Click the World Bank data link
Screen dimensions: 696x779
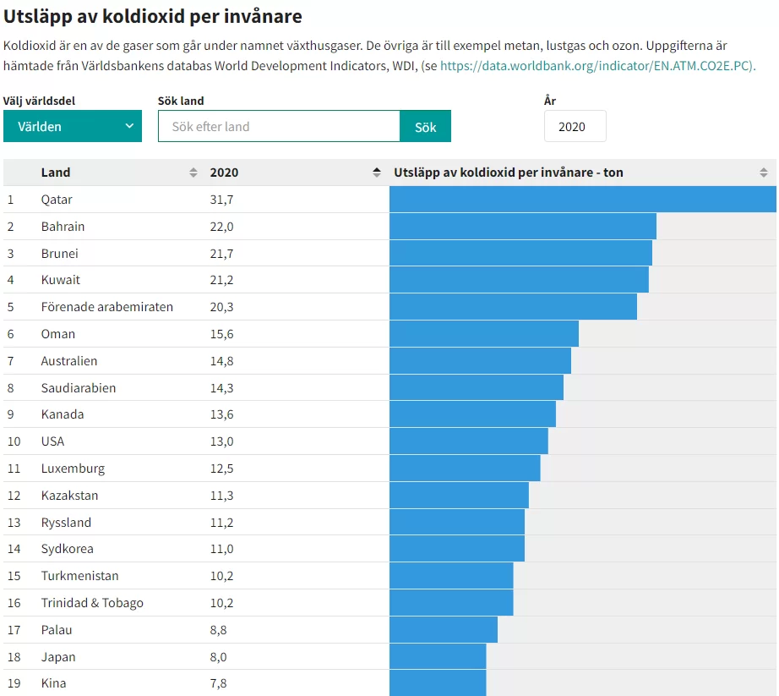click(x=597, y=65)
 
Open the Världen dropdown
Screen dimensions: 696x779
click(x=73, y=126)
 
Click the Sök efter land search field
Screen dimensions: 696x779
click(x=279, y=126)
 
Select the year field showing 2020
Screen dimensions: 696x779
click(x=575, y=126)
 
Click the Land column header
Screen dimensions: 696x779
click(x=56, y=173)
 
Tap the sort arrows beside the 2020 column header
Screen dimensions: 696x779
click(x=377, y=173)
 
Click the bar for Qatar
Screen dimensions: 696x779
click(x=582, y=200)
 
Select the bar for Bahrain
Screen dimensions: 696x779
click(x=523, y=227)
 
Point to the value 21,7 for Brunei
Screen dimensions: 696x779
click(x=221, y=254)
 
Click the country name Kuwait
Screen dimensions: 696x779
click(x=61, y=280)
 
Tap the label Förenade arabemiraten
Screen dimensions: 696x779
click(x=107, y=307)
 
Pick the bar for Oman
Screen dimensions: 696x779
click(x=484, y=334)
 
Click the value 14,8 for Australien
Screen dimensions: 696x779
click(x=221, y=361)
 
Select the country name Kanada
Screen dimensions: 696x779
click(x=63, y=414)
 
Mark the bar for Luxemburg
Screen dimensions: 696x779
click(x=465, y=469)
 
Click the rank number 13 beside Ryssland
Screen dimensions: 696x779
click(x=14, y=523)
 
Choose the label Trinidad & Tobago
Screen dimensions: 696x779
click(x=92, y=603)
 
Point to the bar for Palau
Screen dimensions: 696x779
click(x=444, y=630)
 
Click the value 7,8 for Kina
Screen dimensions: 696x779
click(x=218, y=683)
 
